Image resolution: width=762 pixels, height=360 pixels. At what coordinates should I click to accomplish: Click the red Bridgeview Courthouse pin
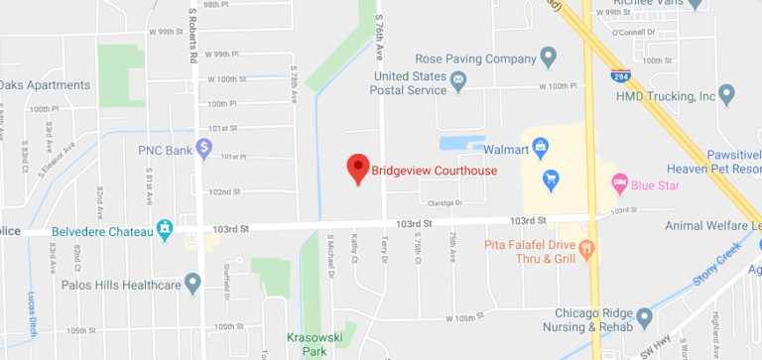pos(357,168)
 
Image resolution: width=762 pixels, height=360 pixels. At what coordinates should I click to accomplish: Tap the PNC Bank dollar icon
pos(203,149)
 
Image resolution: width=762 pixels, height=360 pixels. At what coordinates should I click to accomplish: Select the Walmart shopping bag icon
pos(540,150)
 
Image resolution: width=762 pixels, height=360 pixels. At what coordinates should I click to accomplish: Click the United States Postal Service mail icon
pos(458,79)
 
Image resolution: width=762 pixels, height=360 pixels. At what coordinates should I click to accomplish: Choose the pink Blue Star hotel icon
pos(620,181)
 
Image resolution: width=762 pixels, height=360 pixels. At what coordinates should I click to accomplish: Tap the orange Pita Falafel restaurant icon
pos(586,248)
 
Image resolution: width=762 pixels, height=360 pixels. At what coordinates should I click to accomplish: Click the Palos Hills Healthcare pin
pos(192,285)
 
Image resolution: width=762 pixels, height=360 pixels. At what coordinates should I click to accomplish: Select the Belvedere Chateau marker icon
pos(165,231)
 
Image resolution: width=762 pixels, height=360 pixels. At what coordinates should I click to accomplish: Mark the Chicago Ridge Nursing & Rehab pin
pos(644,318)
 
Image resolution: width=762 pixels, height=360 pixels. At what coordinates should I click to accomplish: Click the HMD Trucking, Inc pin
pos(725,96)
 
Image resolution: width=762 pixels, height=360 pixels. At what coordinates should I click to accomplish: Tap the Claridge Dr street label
pos(445,203)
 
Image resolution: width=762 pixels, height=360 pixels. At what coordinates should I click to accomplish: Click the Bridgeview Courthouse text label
pos(434,171)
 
